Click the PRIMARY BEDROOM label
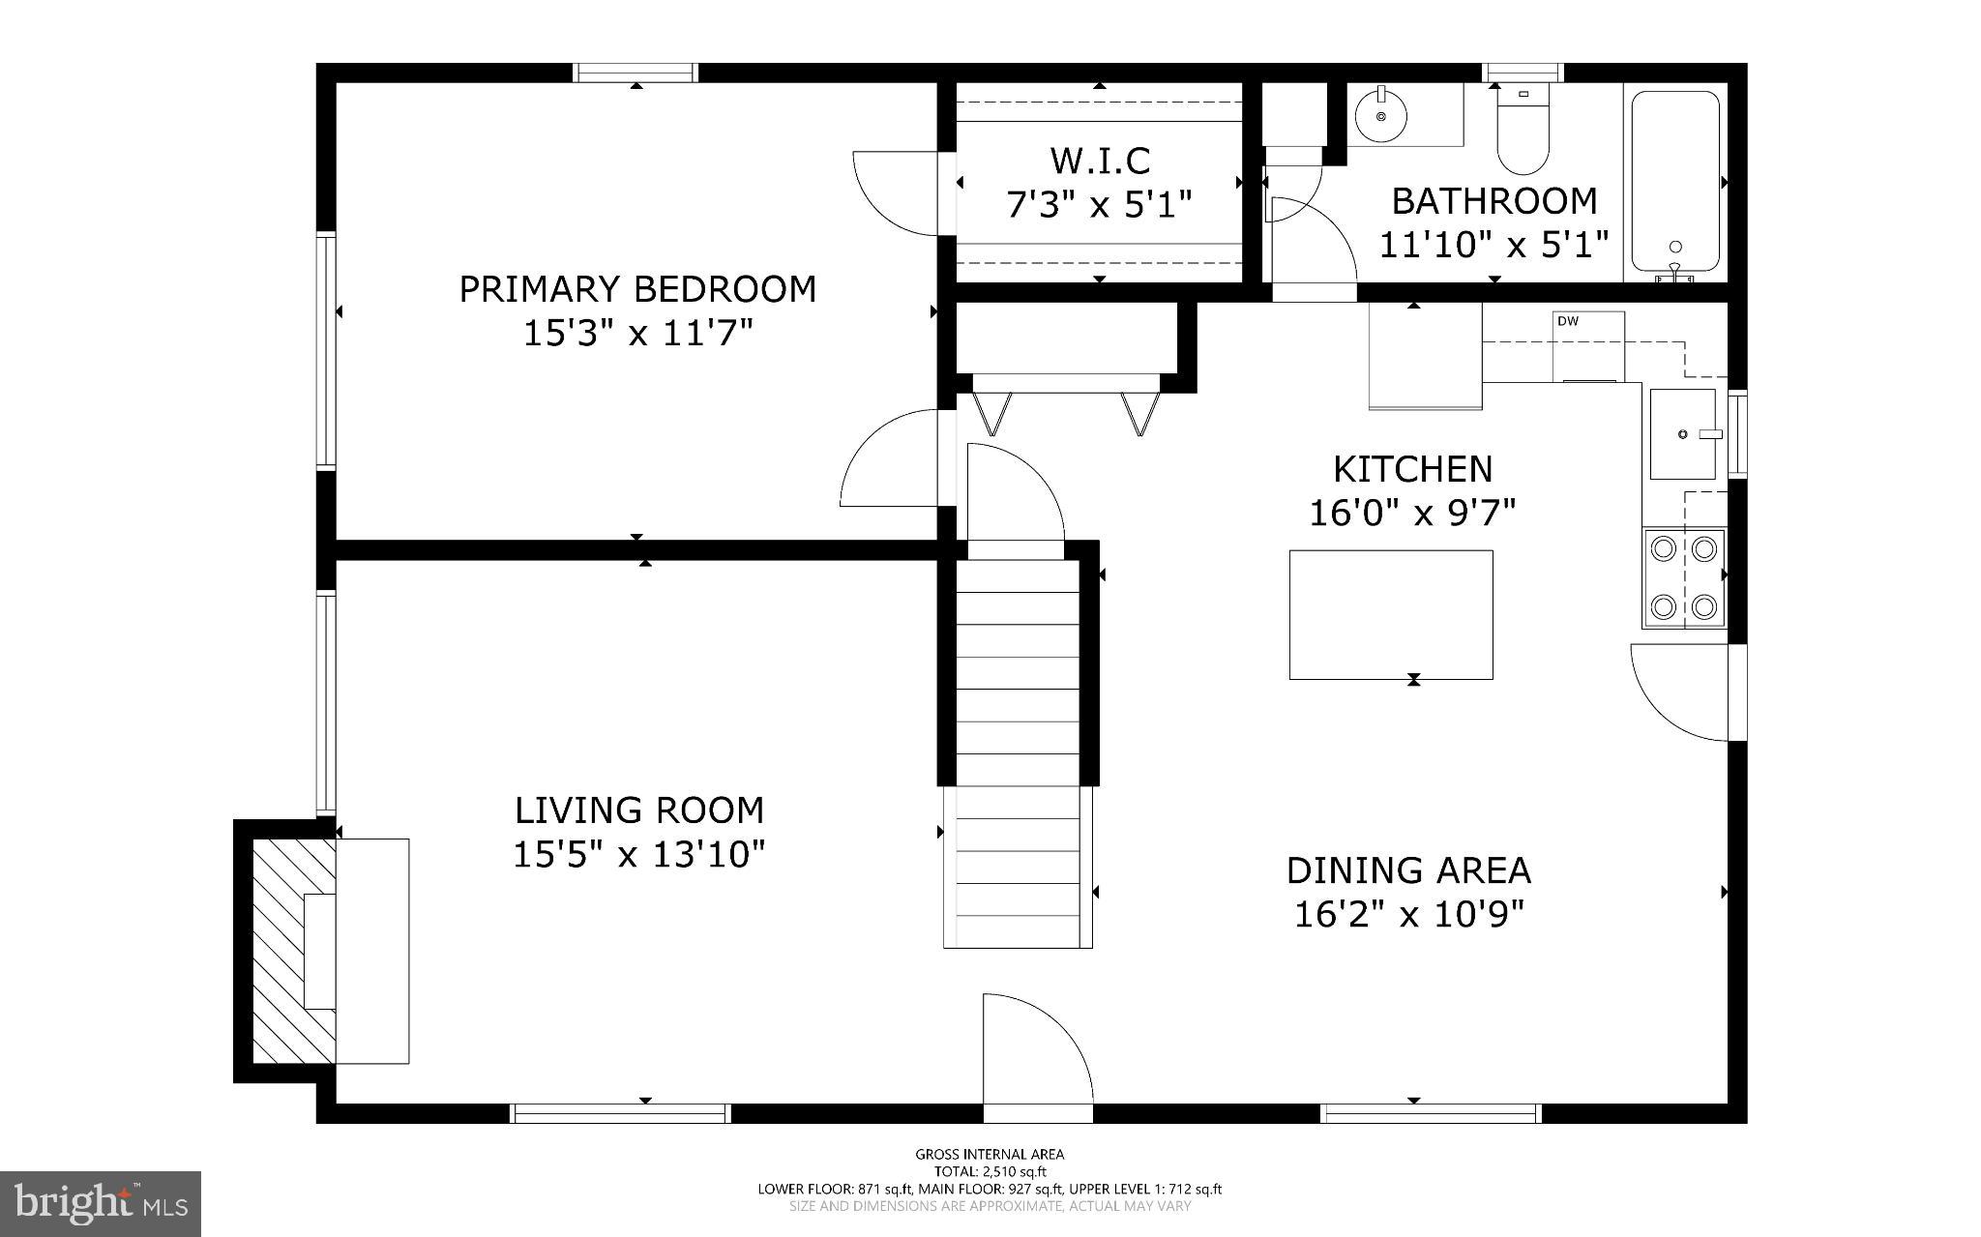tap(636, 289)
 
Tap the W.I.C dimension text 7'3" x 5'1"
tap(1099, 205)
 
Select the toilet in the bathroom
tap(1523, 135)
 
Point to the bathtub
tap(1675, 181)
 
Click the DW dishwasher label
tap(1568, 321)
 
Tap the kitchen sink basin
tap(1682, 434)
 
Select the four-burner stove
tap(1683, 577)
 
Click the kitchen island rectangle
tap(1390, 614)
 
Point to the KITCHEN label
tap(1412, 469)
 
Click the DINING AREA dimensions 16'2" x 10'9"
tap(1408, 914)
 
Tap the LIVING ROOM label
tap(638, 810)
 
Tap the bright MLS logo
tap(101, 1203)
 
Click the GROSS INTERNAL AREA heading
tap(990, 1154)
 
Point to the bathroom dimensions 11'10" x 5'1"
tap(1493, 246)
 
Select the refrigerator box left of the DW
tap(1425, 356)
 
